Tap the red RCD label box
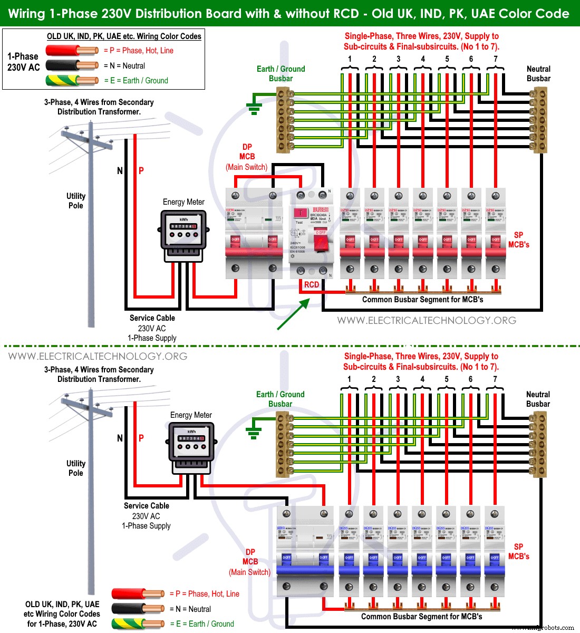coord(312,285)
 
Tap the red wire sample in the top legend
coord(72,51)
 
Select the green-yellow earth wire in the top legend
coord(72,81)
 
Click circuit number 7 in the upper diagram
coord(496,59)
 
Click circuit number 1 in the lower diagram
coord(349,379)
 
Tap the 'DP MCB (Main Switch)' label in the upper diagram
coord(247,157)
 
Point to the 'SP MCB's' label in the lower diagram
coord(518,552)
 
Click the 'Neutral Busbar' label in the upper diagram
coord(538,74)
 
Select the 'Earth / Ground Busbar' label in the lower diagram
coord(281,399)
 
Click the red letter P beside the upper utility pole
coord(141,171)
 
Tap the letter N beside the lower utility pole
coord(120,438)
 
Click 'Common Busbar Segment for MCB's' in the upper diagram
coord(422,300)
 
